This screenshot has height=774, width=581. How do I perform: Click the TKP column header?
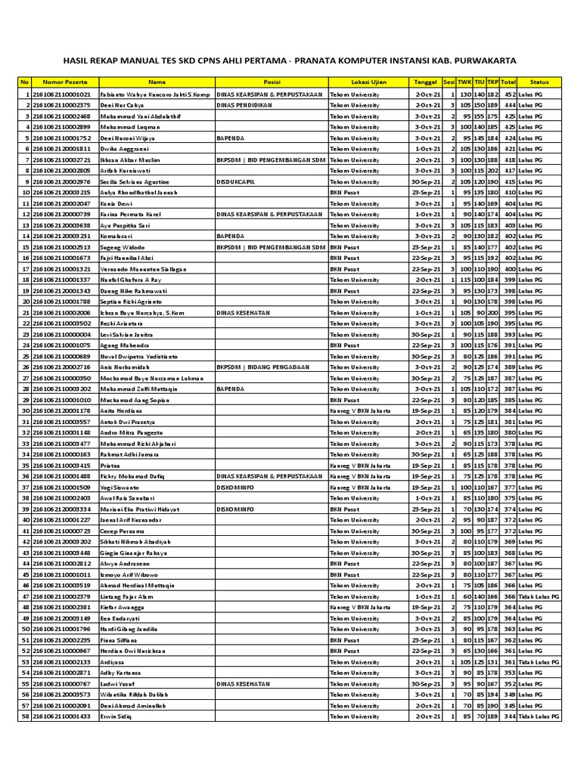click(x=492, y=82)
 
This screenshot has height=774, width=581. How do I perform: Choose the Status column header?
click(x=539, y=82)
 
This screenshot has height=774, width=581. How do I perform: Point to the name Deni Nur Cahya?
click(x=122, y=105)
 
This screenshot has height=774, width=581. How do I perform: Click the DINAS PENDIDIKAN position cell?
click(x=244, y=105)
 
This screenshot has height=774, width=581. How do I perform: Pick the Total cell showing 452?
click(x=508, y=94)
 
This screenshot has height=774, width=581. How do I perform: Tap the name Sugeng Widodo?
click(x=121, y=247)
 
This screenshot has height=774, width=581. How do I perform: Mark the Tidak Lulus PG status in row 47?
click(x=539, y=596)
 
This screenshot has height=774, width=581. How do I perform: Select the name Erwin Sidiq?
click(x=116, y=716)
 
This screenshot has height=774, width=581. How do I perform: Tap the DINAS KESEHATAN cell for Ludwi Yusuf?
click(x=244, y=683)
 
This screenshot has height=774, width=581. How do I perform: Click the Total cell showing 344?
click(x=508, y=716)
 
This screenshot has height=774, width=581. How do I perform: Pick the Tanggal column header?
click(x=424, y=82)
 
